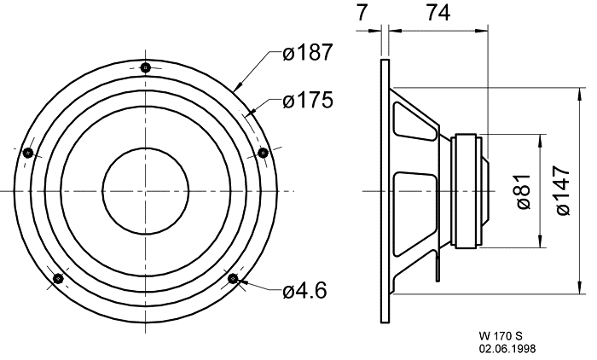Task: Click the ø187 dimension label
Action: coord(308,52)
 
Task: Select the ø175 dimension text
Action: coord(308,100)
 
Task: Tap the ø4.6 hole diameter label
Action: coord(304,291)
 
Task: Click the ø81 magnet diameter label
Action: coord(523,192)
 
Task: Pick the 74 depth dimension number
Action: coord(438,12)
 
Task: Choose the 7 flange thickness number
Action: coord(362,12)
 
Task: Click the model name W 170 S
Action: coord(501,336)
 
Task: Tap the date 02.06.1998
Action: coord(507,349)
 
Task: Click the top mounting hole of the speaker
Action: coord(146,67)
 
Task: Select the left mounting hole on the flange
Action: coord(28,153)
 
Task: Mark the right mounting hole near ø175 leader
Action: coord(263,153)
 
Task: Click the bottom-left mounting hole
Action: coord(58,279)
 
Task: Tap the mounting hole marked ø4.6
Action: coord(233,279)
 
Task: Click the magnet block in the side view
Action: coord(466,191)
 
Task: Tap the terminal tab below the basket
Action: coord(438,269)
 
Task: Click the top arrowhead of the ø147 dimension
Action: coord(579,94)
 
